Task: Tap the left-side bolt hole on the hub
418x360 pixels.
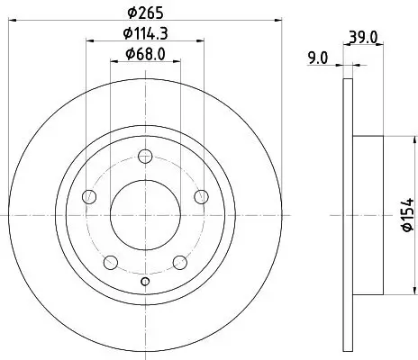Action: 88,197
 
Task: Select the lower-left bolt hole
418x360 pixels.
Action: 111,262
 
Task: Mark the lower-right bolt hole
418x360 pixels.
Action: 179,262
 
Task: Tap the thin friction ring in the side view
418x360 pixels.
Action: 348,215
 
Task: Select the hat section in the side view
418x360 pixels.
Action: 369,215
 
